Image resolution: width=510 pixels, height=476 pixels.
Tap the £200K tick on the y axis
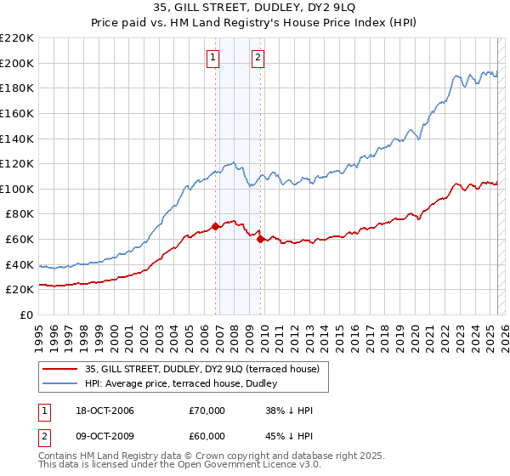click(x=17, y=63)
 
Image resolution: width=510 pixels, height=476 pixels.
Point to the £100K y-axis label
click(x=17, y=189)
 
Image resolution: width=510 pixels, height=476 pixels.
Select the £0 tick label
click(x=26, y=314)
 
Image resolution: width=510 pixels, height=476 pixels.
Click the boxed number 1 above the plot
click(x=212, y=58)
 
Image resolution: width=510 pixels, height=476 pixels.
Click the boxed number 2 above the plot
click(x=258, y=58)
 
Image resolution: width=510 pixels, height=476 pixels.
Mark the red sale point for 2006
click(x=216, y=226)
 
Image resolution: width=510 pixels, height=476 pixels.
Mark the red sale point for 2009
click(x=260, y=239)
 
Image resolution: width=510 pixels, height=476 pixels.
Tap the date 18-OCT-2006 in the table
click(x=99, y=411)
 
